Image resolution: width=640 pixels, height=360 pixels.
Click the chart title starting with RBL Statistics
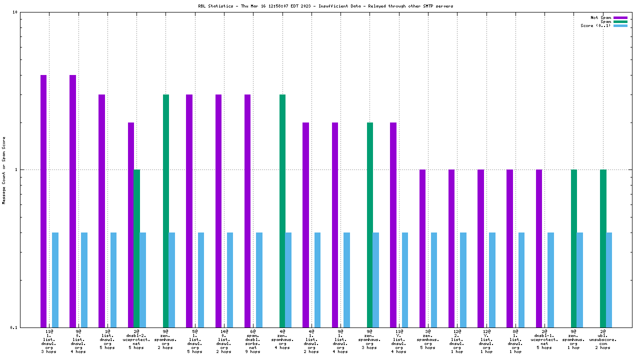(318, 6)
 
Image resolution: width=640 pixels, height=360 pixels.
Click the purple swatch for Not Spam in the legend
(620, 17)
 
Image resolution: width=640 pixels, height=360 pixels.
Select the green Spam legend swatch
(620, 21)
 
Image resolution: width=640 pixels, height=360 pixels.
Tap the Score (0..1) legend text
(595, 25)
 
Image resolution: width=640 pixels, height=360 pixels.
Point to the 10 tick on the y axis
(15, 12)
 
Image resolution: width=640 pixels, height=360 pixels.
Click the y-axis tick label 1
(16, 169)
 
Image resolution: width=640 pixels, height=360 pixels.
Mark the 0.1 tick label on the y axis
(14, 327)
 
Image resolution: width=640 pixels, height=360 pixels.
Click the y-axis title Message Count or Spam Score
(4, 170)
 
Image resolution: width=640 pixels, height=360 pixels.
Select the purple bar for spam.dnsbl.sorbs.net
(247, 210)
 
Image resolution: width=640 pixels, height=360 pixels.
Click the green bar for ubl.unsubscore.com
(603, 248)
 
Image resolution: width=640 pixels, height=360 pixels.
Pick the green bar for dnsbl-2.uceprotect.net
(136, 248)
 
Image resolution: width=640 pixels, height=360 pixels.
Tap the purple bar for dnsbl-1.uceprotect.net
(539, 248)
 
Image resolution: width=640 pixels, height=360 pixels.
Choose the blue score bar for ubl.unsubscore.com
(609, 279)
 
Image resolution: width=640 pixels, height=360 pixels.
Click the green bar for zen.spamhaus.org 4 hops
(282, 210)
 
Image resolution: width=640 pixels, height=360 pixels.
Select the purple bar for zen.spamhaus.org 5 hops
(422, 248)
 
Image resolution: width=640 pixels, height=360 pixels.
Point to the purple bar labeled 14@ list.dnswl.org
(218, 210)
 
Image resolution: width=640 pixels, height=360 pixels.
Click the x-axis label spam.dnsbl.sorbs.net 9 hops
(253, 341)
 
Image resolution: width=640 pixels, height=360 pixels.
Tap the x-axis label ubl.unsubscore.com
(603, 341)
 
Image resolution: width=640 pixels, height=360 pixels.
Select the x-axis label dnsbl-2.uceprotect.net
(136, 341)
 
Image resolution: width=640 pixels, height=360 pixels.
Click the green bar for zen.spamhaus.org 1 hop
(574, 248)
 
